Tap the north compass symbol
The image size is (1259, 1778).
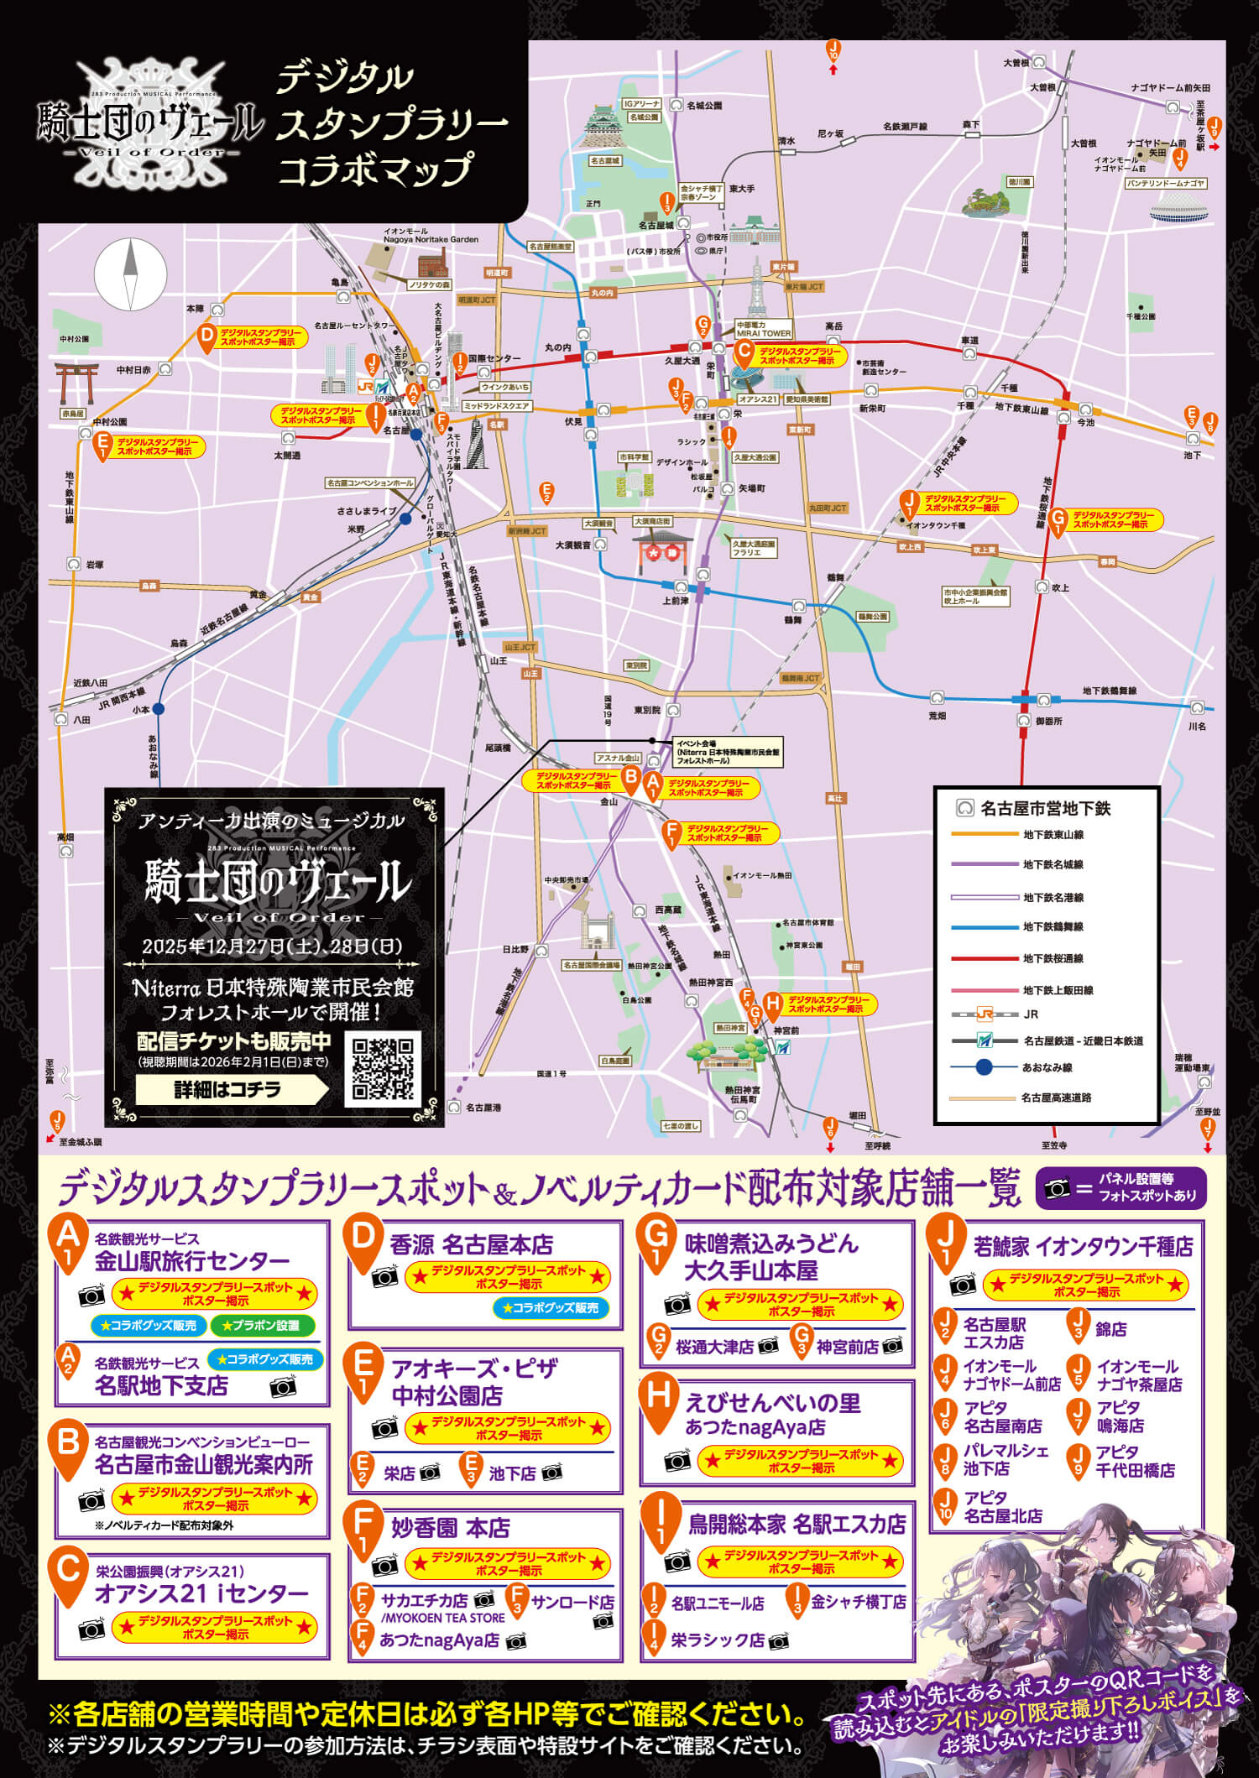pyautogui.click(x=130, y=274)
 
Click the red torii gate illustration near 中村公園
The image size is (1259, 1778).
pyautogui.click(x=76, y=382)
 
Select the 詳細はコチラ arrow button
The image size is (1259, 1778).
pyautogui.click(x=232, y=1089)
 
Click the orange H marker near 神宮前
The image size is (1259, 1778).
pyautogui.click(x=773, y=1004)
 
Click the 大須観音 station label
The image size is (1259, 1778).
pyautogui.click(x=574, y=545)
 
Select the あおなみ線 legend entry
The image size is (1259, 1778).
pyautogui.click(x=1047, y=1067)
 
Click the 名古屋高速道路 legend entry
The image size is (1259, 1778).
pyautogui.click(x=1056, y=1098)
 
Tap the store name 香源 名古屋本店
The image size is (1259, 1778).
pyautogui.click(x=471, y=1244)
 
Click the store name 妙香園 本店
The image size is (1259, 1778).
pyautogui.click(x=450, y=1528)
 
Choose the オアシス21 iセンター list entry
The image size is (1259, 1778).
pyautogui.click(x=201, y=1593)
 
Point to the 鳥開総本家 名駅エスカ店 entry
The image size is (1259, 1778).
pyautogui.click(x=797, y=1524)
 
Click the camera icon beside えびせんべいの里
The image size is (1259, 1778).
pyautogui.click(x=677, y=1461)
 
